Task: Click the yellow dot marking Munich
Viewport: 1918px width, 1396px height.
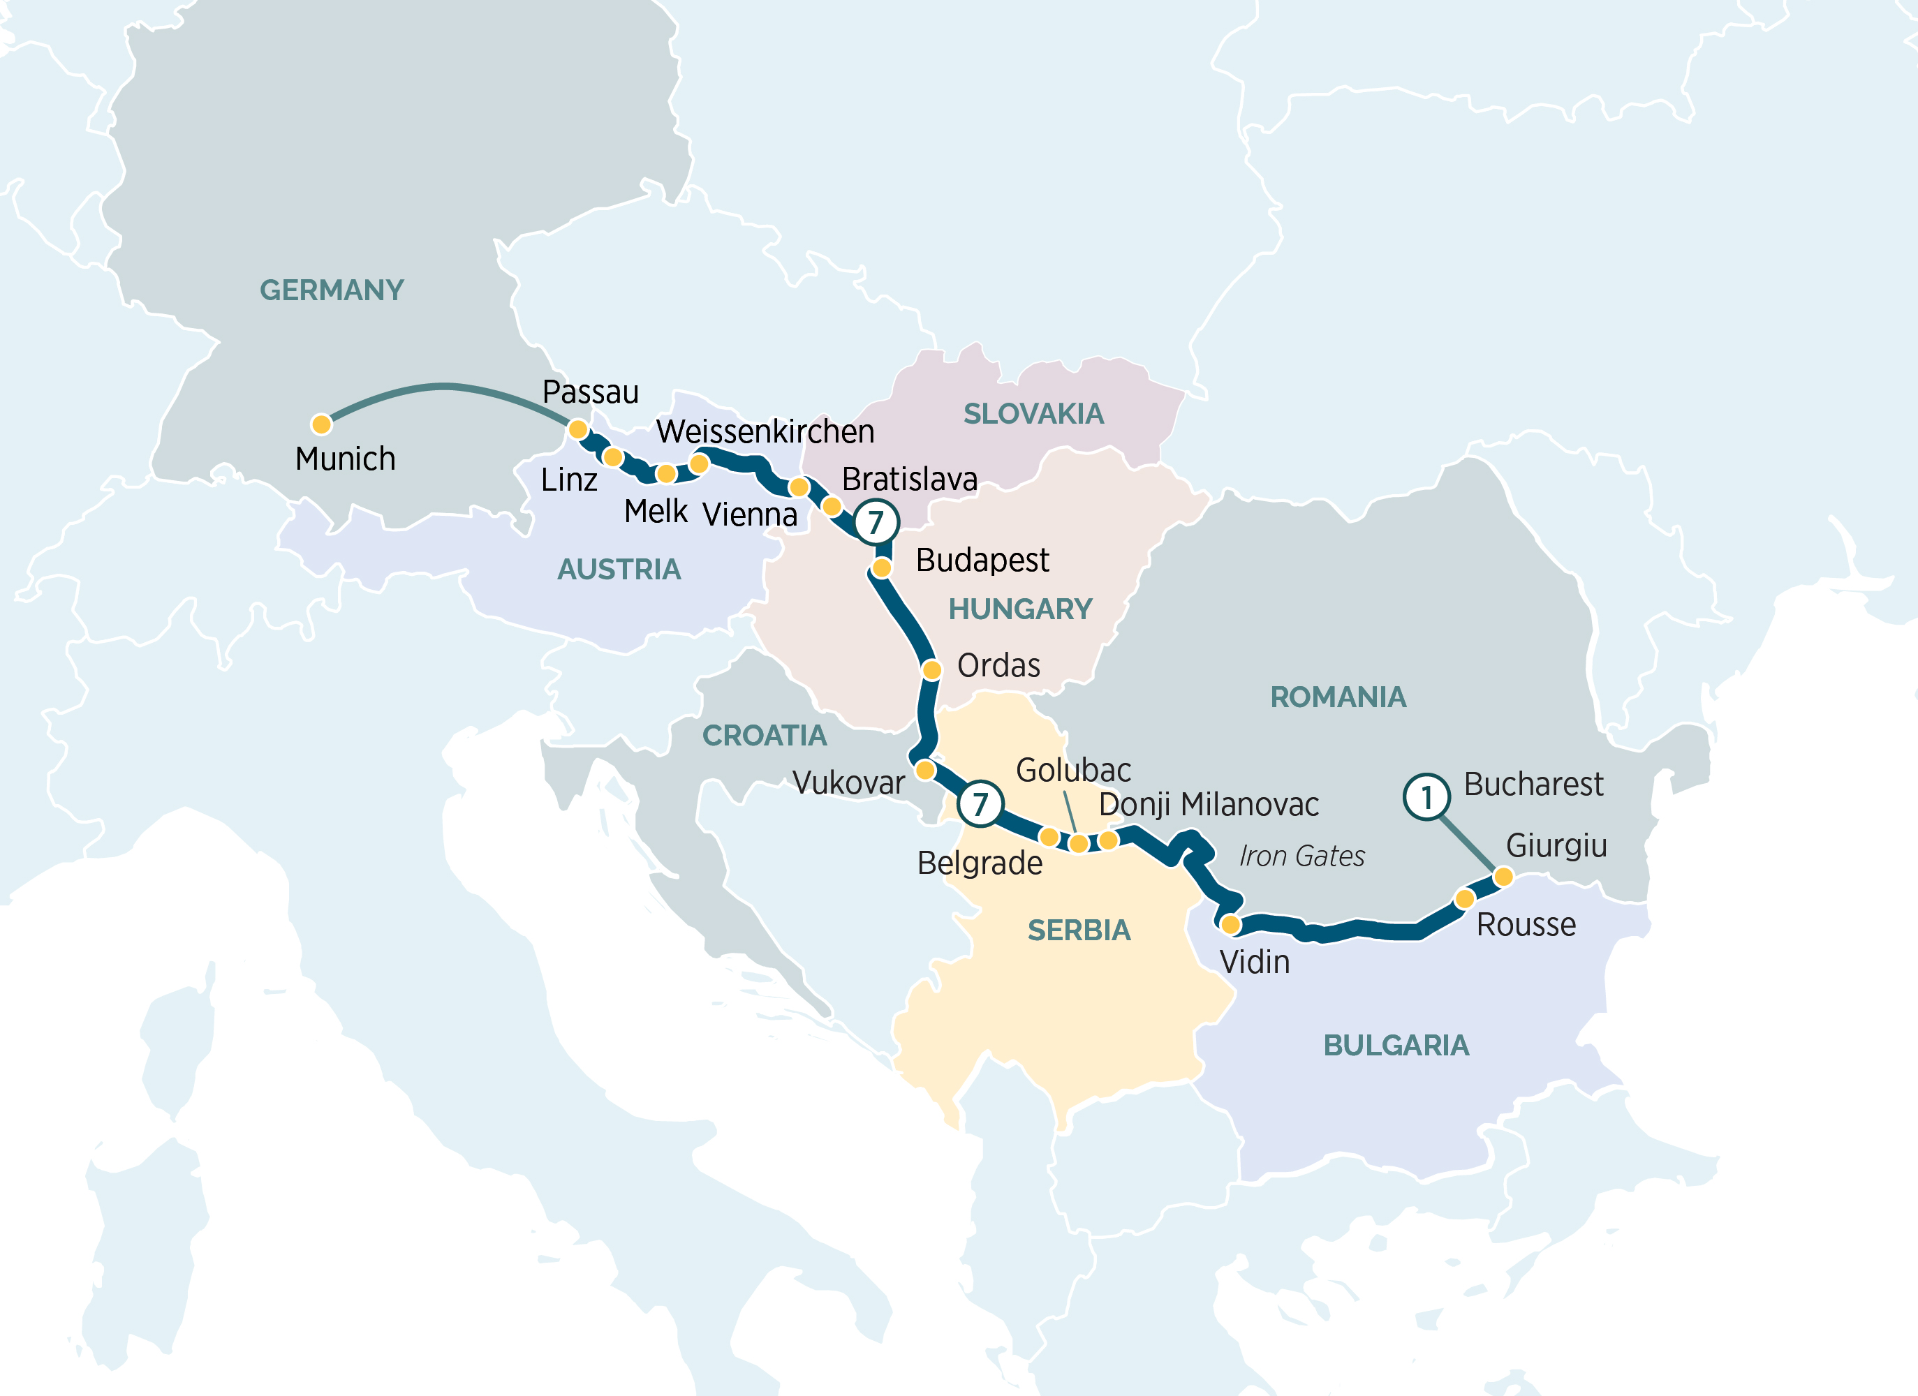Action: click(x=320, y=424)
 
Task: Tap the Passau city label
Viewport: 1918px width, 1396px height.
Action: click(x=590, y=392)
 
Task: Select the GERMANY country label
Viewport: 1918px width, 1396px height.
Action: click(x=332, y=290)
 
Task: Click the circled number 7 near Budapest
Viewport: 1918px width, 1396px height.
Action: click(x=876, y=521)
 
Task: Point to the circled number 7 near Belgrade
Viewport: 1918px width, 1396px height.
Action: click(x=980, y=803)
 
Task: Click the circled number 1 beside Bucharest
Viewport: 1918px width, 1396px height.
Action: click(x=1426, y=796)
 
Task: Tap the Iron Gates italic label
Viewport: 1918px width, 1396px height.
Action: click(x=1301, y=856)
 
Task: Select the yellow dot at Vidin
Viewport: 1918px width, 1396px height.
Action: click(x=1230, y=924)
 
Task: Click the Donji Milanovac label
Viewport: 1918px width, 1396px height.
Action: click(x=1209, y=804)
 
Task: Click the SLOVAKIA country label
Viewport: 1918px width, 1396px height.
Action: click(x=1033, y=413)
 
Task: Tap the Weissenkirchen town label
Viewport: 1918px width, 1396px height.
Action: click(x=765, y=431)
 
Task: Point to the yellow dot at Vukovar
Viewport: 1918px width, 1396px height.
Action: click(x=925, y=769)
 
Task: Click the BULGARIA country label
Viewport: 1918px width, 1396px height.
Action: click(x=1396, y=1045)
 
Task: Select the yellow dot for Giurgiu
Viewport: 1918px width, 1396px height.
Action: click(x=1503, y=877)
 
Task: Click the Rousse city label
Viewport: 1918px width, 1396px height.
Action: click(x=1526, y=924)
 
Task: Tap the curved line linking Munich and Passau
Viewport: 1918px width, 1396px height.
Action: click(x=444, y=387)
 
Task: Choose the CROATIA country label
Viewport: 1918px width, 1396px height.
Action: click(x=765, y=736)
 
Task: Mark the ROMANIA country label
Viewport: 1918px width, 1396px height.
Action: click(x=1338, y=697)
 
